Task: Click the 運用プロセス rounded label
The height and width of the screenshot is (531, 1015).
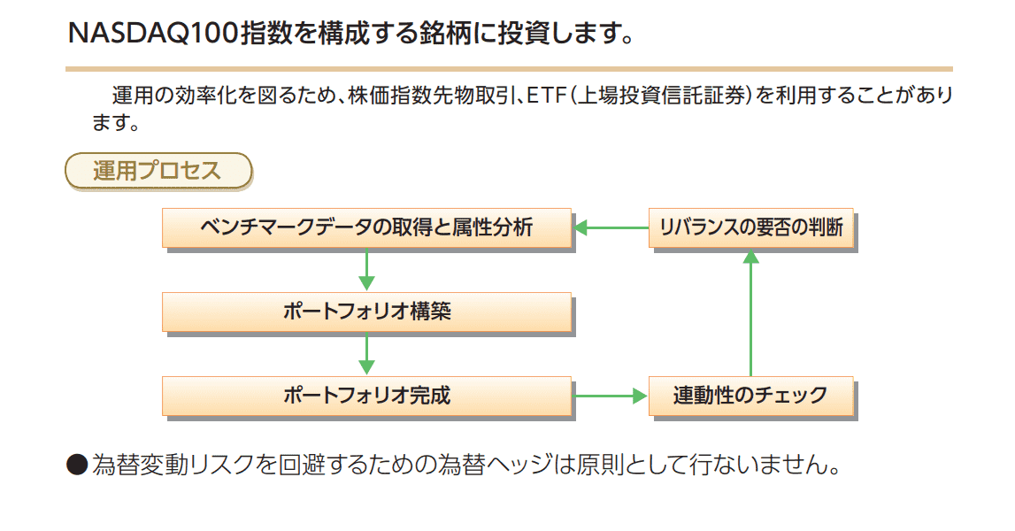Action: click(158, 170)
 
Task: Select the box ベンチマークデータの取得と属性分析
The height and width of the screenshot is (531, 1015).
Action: click(366, 227)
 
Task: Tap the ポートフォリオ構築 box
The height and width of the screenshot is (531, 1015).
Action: click(366, 312)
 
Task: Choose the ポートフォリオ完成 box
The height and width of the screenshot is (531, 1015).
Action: click(366, 395)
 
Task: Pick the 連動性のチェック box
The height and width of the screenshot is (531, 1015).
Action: click(750, 395)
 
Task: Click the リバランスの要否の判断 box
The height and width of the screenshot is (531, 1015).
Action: click(750, 228)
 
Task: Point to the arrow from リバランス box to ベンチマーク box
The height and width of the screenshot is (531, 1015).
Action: click(611, 228)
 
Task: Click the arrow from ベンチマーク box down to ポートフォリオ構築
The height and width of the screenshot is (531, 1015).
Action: click(367, 269)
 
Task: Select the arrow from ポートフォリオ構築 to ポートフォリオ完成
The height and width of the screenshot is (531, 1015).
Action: click(367, 353)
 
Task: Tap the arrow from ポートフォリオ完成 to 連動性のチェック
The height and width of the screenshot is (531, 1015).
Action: click(611, 396)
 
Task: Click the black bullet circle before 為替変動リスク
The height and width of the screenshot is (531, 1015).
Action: click(78, 464)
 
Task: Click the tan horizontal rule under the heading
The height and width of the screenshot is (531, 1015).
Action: click(509, 68)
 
